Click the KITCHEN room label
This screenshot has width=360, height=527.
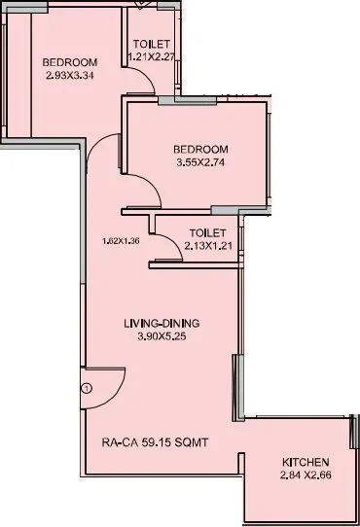(x=305, y=460)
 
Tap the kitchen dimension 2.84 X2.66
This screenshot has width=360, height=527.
(x=305, y=474)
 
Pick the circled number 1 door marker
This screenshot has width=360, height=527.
(x=86, y=388)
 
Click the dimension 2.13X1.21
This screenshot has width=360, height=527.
(x=207, y=246)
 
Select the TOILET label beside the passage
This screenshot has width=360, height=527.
(x=207, y=232)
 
